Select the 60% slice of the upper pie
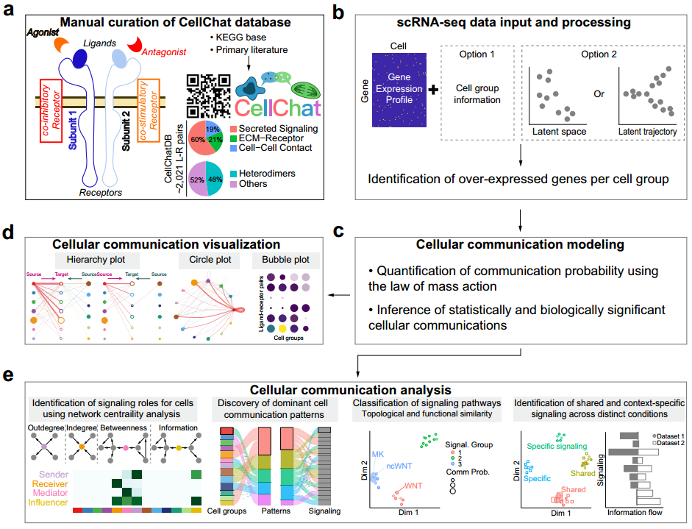199,138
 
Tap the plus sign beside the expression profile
433,90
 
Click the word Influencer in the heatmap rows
43,503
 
